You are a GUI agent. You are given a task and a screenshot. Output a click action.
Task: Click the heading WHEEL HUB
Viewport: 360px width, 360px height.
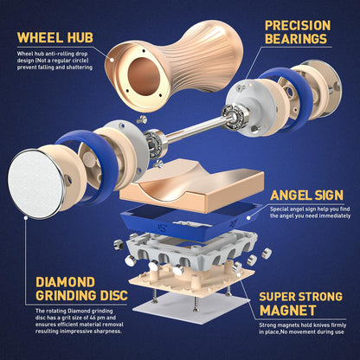(x=55, y=37)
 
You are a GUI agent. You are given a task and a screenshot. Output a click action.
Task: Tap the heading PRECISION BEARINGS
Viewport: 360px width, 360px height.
(x=298, y=32)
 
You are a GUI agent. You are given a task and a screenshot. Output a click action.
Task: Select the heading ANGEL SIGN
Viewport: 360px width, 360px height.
(x=306, y=196)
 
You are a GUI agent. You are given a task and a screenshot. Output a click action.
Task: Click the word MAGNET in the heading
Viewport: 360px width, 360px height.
(x=287, y=310)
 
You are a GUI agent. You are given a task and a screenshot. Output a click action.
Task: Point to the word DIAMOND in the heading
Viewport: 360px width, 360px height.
(x=65, y=282)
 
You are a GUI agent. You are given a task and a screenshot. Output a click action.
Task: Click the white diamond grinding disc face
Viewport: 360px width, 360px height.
(x=35, y=183)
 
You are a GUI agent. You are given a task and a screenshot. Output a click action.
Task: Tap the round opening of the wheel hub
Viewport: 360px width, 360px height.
(x=144, y=76)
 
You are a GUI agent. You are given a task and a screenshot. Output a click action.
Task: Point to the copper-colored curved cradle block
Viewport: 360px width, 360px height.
(x=192, y=184)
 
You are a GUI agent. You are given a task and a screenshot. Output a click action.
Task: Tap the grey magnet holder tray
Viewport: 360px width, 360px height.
(x=192, y=248)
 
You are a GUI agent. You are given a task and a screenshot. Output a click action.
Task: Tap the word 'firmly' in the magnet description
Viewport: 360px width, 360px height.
(x=338, y=325)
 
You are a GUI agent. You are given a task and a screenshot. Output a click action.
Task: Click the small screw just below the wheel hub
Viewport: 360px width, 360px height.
(x=142, y=119)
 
